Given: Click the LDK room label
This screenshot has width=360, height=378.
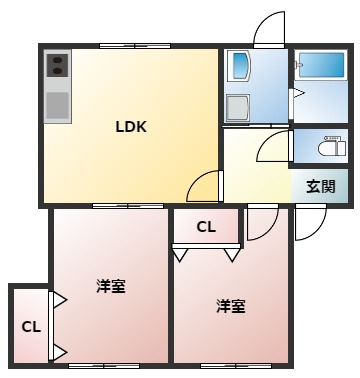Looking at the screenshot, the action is (131, 127).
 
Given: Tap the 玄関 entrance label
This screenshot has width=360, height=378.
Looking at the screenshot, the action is (320, 186).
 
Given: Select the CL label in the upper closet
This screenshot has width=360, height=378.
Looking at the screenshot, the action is (206, 227).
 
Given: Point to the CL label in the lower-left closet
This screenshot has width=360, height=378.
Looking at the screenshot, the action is (31, 327).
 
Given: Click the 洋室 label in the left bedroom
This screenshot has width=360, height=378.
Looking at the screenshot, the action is (111, 286).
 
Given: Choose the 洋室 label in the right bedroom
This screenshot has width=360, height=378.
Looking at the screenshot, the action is (231, 306).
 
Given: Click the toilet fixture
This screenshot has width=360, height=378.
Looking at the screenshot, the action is (332, 147).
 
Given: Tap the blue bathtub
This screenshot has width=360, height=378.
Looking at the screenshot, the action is (322, 65).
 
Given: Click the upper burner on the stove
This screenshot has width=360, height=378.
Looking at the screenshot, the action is (58, 60).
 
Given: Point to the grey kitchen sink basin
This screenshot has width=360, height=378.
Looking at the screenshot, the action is (57, 105).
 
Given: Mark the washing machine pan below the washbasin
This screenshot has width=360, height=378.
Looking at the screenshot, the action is (238, 108).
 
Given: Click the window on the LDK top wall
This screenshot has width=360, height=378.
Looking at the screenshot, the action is (135, 46).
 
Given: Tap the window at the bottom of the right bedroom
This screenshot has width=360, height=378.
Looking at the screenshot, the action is (236, 366).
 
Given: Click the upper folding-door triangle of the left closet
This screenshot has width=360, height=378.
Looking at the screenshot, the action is (60, 300).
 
